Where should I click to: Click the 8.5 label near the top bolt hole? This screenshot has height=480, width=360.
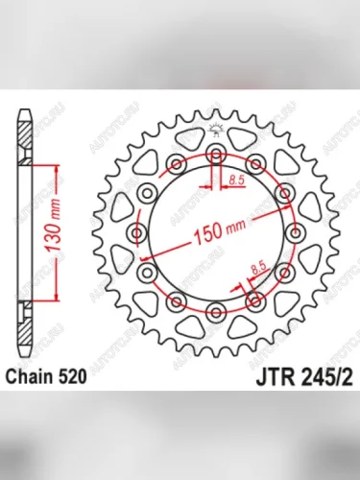pyautogui.click(x=237, y=179)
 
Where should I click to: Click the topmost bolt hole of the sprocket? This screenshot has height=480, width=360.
pyautogui.click(x=216, y=155)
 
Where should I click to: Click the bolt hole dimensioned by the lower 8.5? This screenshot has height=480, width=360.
pyautogui.click(x=255, y=302)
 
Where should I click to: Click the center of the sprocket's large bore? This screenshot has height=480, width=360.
pyautogui.click(x=216, y=233)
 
